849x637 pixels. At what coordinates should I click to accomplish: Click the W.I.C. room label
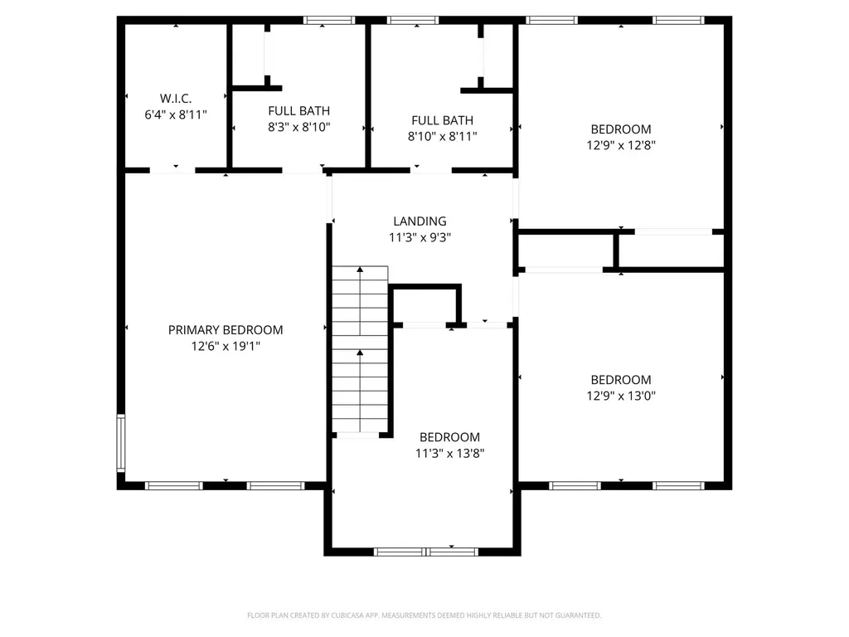[x=176, y=98]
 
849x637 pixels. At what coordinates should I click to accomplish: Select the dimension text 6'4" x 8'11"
[x=176, y=114]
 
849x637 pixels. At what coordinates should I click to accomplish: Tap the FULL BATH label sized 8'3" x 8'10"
[x=298, y=110]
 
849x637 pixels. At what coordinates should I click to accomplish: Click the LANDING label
[x=420, y=221]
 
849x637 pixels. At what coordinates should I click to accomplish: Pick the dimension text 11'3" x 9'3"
[x=420, y=237]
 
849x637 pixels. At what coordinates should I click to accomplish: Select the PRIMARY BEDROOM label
[x=226, y=329]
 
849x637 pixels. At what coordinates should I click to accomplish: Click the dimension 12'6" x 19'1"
[x=226, y=346]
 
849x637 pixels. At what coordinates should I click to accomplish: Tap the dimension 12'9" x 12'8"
[x=621, y=145]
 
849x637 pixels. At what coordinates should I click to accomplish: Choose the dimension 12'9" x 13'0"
[x=621, y=396]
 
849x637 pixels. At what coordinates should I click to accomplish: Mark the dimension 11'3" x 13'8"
[x=449, y=454]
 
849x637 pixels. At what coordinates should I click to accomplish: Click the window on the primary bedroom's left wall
[x=121, y=443]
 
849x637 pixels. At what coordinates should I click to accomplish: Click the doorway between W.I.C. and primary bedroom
[x=172, y=171]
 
